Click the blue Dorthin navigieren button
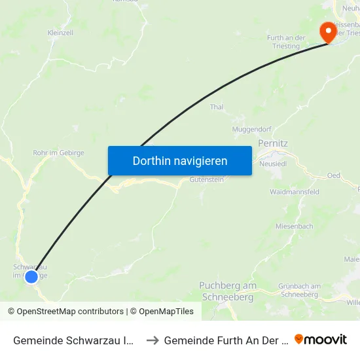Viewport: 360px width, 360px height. coord(179,160)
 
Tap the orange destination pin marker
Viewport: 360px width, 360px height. coord(326,31)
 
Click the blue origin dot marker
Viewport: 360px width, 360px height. coord(31,277)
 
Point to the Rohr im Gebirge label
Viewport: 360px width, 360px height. coord(58,153)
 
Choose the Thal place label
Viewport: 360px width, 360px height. coord(217,107)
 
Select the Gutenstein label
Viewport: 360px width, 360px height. coord(206,179)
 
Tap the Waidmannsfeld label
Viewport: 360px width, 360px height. coord(295,192)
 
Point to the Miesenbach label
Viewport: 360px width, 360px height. coord(294,226)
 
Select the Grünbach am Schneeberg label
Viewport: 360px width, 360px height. coord(299,290)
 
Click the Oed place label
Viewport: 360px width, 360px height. coord(334,175)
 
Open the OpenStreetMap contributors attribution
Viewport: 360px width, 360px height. coord(66,312)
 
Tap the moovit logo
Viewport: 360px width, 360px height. coord(321,340)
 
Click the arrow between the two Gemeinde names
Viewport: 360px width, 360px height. coord(152,340)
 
